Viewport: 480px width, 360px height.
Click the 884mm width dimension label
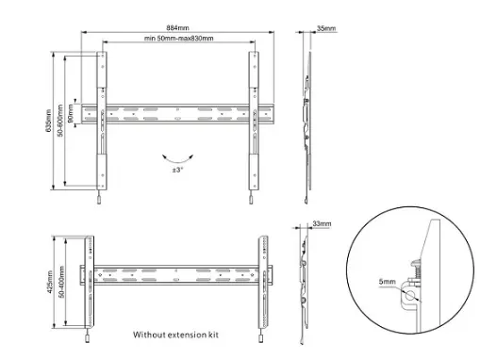(x=177, y=27)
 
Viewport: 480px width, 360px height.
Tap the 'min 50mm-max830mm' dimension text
(x=179, y=39)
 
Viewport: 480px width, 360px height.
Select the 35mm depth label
(x=326, y=28)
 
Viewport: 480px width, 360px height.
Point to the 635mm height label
(x=49, y=121)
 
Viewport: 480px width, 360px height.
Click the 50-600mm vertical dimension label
(x=60, y=121)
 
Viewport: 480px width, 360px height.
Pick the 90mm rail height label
(x=71, y=113)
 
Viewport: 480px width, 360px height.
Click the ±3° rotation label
(x=177, y=170)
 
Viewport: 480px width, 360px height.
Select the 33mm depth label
(x=322, y=223)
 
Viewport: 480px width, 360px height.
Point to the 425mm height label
(x=50, y=282)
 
